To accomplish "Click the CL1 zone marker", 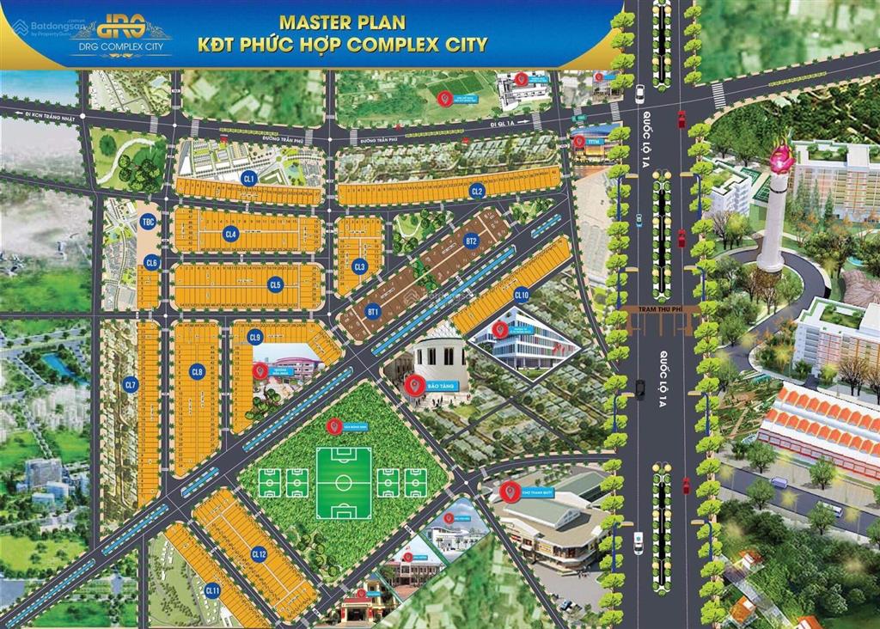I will pos(249,179).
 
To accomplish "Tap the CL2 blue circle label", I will pos(478,191).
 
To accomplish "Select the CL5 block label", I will pos(275,284).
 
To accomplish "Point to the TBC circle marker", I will pos(148,223).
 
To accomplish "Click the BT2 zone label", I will pos(470,241).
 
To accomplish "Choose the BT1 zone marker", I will pos(373,310).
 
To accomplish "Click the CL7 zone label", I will pos(131,385).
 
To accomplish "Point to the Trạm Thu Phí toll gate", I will pos(662,318).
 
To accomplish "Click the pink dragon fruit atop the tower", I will pos(781,156).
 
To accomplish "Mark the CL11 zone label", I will pos(212,591).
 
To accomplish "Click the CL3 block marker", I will pos(360,266).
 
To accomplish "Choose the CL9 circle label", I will pos(254,338).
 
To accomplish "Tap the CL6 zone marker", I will pos(151,263).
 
